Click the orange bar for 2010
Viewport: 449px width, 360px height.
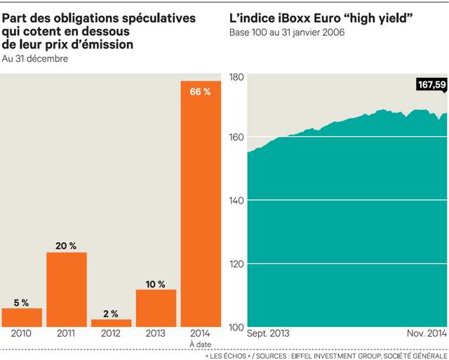(x=22, y=317)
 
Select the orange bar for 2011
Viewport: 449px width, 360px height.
(x=67, y=289)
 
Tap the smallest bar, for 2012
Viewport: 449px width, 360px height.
(x=111, y=323)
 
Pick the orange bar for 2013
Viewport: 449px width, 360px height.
(x=156, y=308)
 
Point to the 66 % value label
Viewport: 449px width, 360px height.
(x=201, y=92)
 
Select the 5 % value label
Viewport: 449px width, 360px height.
(x=22, y=302)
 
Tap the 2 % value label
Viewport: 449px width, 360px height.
(x=111, y=313)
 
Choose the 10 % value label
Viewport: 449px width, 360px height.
(x=156, y=284)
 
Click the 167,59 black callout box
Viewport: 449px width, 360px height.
(x=431, y=85)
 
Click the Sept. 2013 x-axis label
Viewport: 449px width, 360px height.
(x=268, y=334)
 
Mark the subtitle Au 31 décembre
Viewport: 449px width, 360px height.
(x=35, y=58)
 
